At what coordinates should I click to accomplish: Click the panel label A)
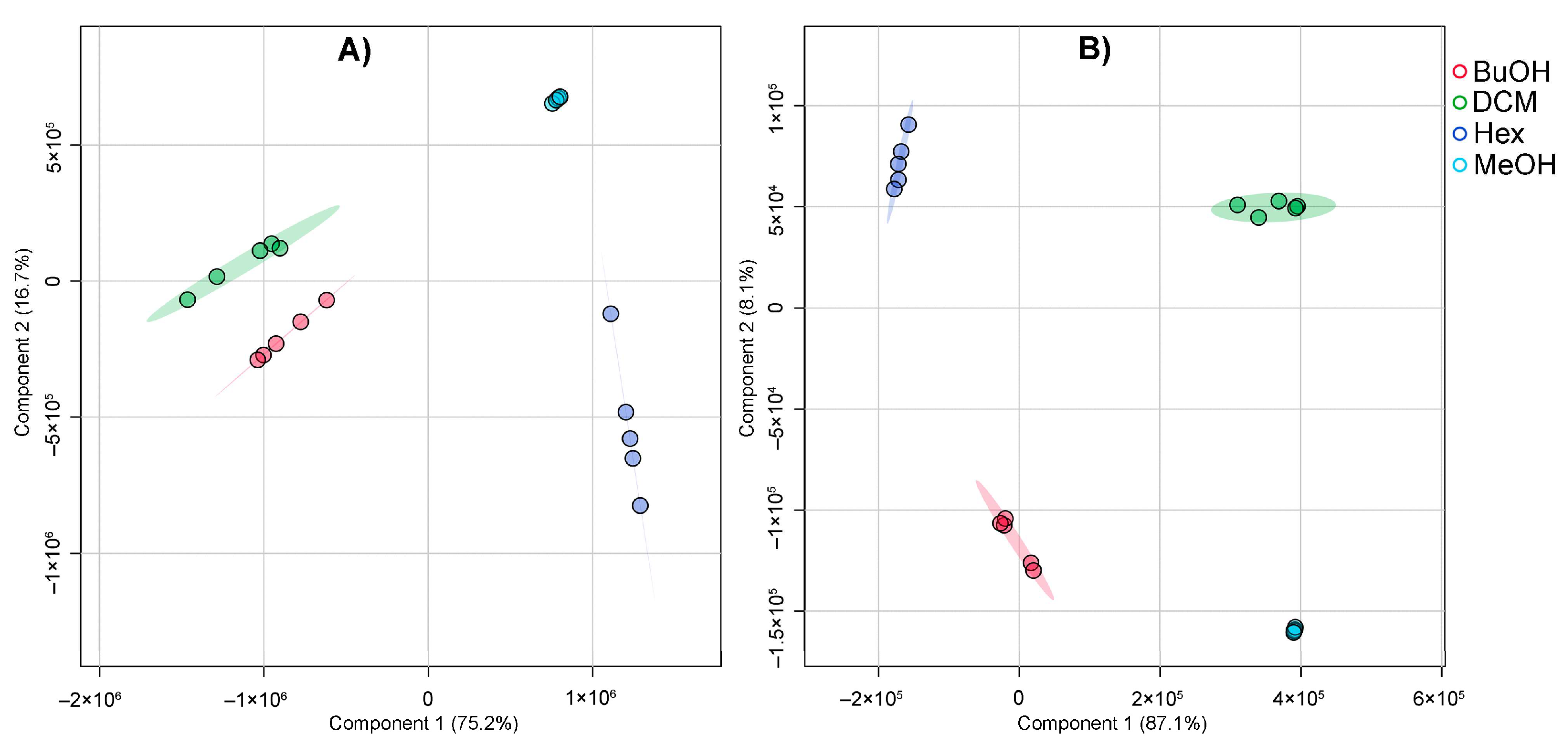(x=354, y=50)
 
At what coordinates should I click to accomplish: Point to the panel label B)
(x=1094, y=49)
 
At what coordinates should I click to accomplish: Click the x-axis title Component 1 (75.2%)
(x=423, y=724)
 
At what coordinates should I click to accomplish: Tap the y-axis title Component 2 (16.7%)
(x=22, y=342)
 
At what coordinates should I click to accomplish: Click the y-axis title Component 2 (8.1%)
(x=747, y=348)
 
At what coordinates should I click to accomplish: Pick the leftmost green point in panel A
(x=188, y=299)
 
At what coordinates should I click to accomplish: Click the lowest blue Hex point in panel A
(x=640, y=505)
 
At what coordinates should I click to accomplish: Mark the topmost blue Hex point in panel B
(x=908, y=125)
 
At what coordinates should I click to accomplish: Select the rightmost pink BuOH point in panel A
(x=327, y=300)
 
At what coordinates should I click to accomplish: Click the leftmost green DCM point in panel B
(x=1237, y=204)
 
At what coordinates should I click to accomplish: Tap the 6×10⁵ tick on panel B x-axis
(x=1438, y=699)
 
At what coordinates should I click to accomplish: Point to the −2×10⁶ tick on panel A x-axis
(x=90, y=700)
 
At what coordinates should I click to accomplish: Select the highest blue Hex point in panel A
(x=611, y=314)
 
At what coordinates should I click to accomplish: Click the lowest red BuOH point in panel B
(x=1033, y=570)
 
